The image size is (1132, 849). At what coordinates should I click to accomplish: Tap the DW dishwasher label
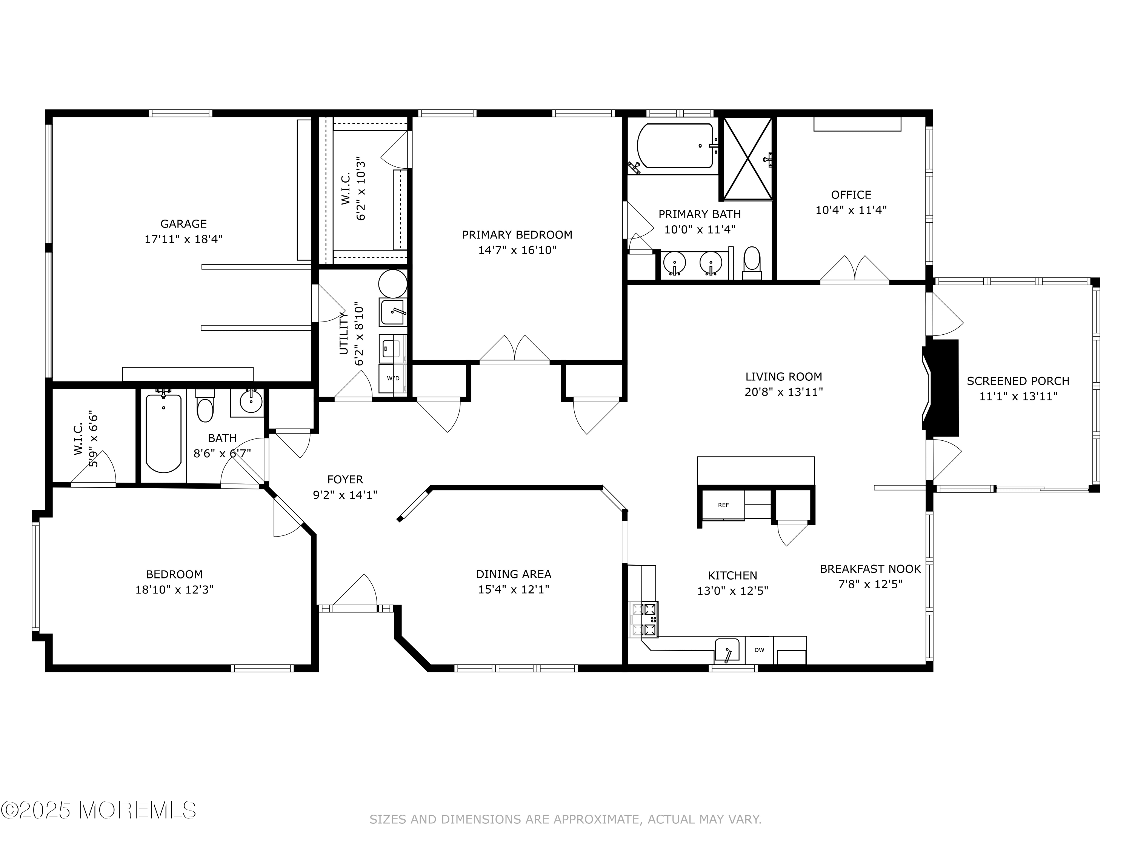tap(759, 650)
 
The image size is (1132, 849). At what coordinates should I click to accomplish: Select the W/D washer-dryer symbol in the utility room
tap(393, 378)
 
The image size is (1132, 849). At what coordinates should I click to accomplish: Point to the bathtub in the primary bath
tap(675, 146)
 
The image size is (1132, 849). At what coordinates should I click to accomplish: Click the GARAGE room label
tap(184, 224)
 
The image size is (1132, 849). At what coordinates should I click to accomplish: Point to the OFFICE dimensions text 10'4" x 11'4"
tap(851, 210)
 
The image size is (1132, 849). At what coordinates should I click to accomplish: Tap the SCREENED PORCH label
tap(1018, 381)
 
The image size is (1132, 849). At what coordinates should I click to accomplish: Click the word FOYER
tap(345, 480)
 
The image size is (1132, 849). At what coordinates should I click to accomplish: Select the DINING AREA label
tap(514, 574)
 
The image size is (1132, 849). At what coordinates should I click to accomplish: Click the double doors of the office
tap(855, 269)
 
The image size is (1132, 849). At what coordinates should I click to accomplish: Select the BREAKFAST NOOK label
tap(870, 569)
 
